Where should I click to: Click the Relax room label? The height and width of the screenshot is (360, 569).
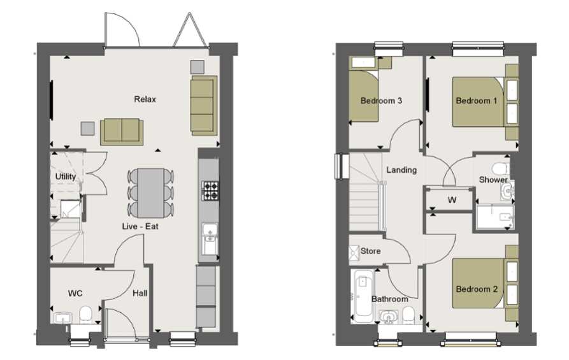(145, 99)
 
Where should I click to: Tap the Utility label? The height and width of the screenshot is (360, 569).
(66, 176)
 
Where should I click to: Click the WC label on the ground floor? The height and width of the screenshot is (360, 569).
(75, 294)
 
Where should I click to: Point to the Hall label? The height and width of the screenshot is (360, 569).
(140, 294)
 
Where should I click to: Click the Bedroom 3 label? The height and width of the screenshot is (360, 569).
(381, 101)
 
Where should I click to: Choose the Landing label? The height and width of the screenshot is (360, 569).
(401, 170)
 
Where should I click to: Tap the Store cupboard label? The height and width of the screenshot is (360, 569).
(370, 251)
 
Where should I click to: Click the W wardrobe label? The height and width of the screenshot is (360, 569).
(452, 200)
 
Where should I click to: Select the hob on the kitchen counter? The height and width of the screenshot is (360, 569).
(209, 188)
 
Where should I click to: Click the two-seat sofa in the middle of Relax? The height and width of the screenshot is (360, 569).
(122, 131)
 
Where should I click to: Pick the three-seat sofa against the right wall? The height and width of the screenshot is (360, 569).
(204, 105)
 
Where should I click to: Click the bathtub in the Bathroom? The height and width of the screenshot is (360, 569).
(363, 296)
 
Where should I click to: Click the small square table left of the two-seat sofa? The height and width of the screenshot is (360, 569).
(87, 128)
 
